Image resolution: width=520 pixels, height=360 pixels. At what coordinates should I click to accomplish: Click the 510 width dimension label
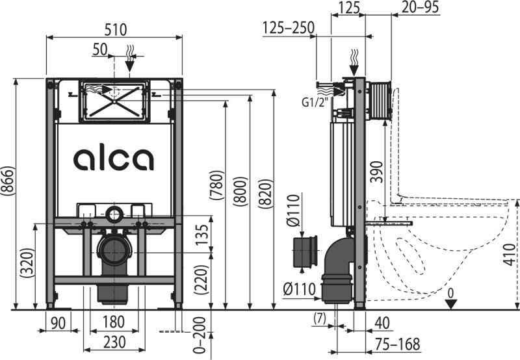click(116, 30)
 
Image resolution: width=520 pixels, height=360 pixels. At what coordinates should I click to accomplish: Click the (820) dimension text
click(266, 194)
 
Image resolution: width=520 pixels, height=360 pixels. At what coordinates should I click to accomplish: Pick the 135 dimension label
click(202, 235)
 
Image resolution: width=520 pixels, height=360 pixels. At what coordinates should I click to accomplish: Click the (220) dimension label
click(201, 279)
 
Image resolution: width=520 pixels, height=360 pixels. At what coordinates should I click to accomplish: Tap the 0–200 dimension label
click(199, 335)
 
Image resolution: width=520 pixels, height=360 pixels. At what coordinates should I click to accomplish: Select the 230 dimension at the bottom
click(114, 342)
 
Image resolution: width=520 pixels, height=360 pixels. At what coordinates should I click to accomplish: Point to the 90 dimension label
click(58, 323)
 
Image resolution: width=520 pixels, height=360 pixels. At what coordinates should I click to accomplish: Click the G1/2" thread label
click(313, 103)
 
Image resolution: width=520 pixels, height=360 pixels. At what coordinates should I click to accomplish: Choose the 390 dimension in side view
click(376, 172)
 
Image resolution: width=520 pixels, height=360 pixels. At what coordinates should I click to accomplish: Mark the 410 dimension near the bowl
click(510, 254)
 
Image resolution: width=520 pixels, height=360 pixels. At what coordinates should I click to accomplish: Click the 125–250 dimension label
click(289, 28)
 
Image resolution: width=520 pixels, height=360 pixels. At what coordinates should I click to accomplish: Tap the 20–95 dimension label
click(421, 7)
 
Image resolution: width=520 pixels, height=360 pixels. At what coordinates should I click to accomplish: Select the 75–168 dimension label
click(398, 344)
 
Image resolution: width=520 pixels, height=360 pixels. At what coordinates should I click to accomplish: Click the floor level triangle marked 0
click(450, 304)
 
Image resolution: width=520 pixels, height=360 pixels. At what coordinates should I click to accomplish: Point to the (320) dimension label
click(27, 263)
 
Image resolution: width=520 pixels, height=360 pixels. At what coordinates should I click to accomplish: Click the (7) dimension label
click(320, 318)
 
